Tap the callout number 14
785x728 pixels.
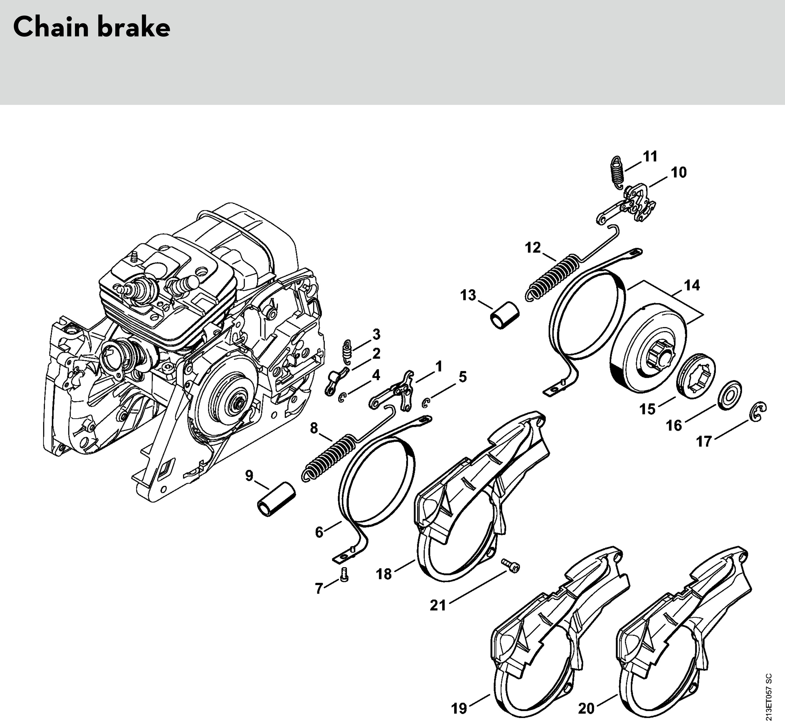[692, 285]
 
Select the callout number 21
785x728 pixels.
[438, 605]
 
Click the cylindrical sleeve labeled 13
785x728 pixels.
[505, 315]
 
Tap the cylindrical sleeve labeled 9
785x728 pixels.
[276, 498]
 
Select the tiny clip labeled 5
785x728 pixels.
[425, 403]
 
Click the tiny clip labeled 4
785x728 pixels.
[342, 398]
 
